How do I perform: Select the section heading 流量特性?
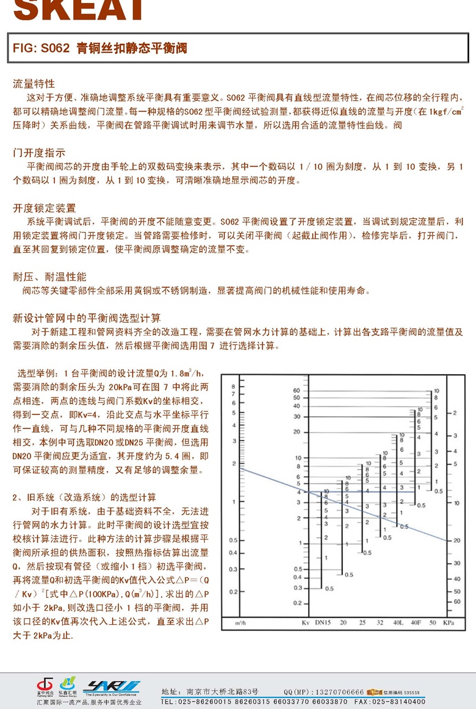click(x=34, y=84)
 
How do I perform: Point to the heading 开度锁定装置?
click(x=45, y=208)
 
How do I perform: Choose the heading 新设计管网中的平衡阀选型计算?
click(x=87, y=319)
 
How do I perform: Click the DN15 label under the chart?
click(x=323, y=622)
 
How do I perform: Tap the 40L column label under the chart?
click(x=398, y=622)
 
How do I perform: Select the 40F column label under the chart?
click(x=416, y=622)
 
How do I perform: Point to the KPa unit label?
click(x=449, y=622)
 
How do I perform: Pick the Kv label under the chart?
click(x=306, y=622)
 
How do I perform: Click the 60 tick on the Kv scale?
click(x=297, y=390)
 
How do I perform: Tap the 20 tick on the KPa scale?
click(x=457, y=541)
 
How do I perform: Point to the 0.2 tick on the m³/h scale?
click(x=232, y=591)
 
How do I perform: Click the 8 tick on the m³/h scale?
click(x=233, y=386)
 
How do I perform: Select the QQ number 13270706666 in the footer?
click(x=338, y=692)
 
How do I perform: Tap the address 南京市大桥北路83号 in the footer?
click(x=223, y=692)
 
